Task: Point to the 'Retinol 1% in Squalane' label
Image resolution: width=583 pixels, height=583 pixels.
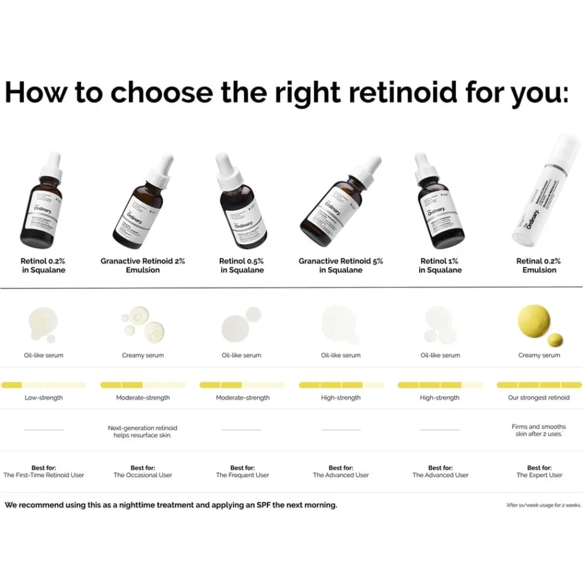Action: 440,266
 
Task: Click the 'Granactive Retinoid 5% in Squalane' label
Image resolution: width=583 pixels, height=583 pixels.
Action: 341,266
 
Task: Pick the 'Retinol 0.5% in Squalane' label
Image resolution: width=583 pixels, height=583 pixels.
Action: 242,266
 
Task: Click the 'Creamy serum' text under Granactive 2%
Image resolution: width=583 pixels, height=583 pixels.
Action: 143,355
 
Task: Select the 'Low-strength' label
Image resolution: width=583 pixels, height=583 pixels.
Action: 44,398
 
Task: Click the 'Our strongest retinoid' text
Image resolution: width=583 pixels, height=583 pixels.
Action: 539,398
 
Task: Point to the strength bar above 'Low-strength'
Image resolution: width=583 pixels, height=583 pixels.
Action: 44,385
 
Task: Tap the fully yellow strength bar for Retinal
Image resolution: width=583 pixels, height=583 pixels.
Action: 539,385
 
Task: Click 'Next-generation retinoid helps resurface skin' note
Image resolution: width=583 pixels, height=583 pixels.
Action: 143,431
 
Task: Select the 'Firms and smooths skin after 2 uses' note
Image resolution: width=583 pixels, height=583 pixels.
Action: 539,431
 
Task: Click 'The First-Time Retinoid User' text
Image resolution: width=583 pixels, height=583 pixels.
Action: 44,475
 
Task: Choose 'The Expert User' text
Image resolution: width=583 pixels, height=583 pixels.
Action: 539,475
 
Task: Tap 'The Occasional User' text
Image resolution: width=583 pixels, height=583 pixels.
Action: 143,475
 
